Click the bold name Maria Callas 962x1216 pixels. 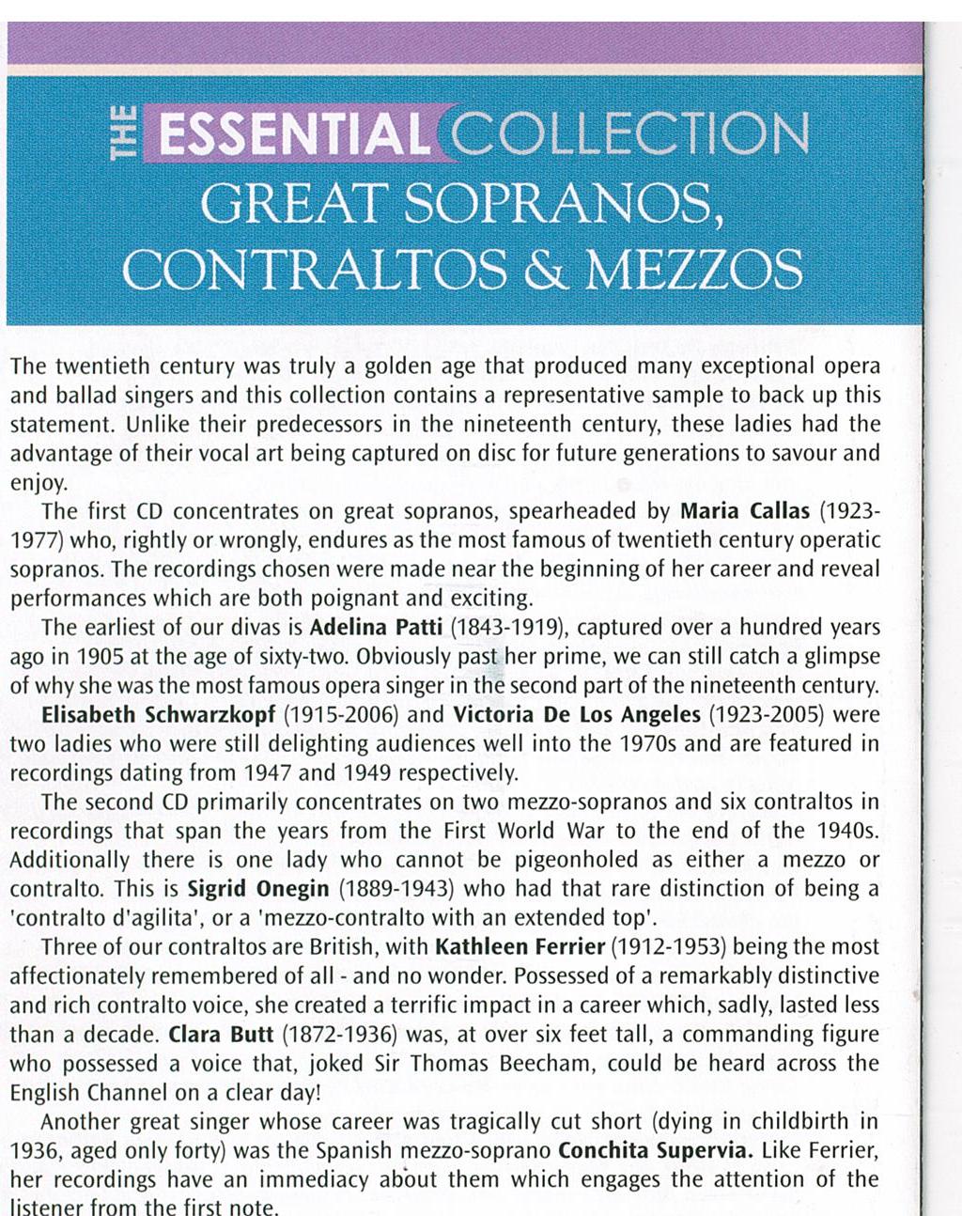[x=745, y=512]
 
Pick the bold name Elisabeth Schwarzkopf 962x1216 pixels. [x=159, y=715]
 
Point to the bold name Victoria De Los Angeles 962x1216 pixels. [x=577, y=715]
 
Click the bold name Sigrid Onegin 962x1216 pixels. [x=258, y=889]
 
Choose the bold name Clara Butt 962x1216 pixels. [x=221, y=1035]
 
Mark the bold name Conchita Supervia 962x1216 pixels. [x=655, y=1151]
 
